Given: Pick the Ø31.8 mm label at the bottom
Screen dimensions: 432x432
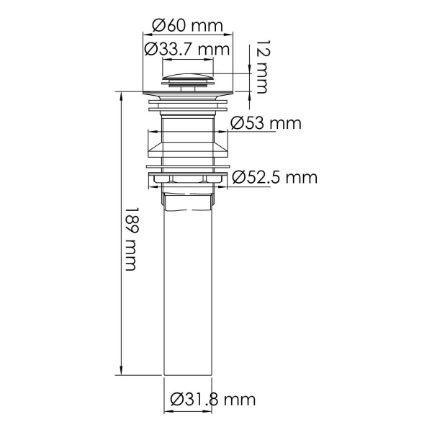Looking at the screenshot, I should (213, 398).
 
